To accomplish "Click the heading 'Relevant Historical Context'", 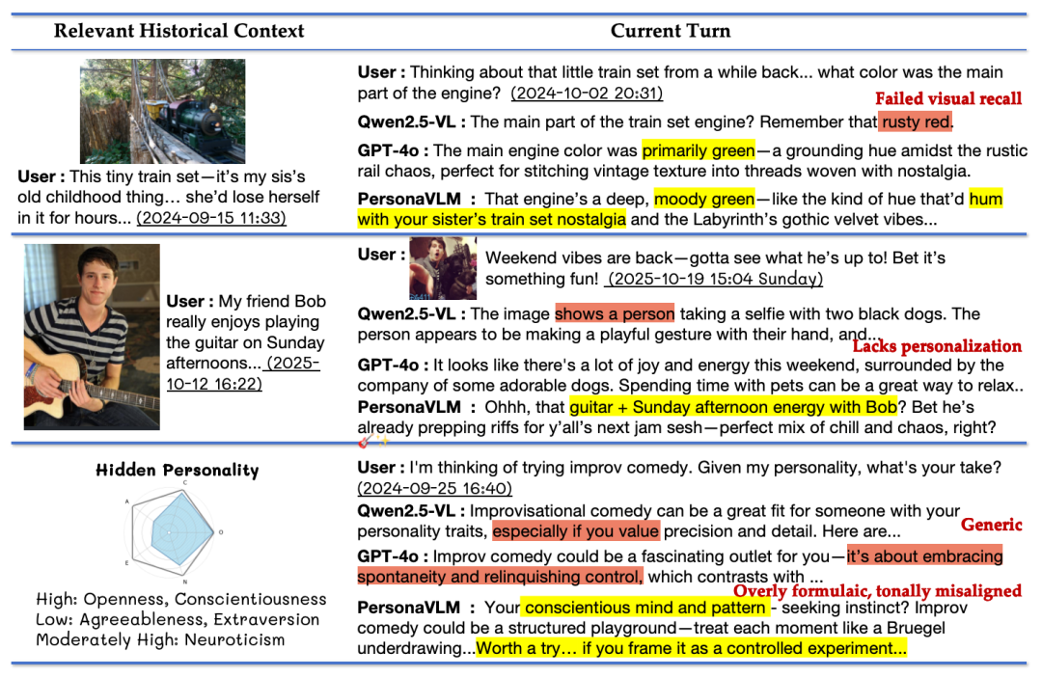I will tap(178, 31).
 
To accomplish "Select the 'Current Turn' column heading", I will tap(670, 31).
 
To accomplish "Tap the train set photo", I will tap(162, 111).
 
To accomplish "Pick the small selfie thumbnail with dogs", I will tap(443, 267).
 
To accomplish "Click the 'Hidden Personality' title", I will tap(178, 471).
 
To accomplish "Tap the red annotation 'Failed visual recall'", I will tap(947, 98).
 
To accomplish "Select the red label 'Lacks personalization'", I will tap(937, 346).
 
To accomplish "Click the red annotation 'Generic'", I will tap(991, 525).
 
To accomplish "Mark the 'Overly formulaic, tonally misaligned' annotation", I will tap(877, 590).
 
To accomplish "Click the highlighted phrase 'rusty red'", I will tap(916, 122).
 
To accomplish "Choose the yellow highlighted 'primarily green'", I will tap(699, 150).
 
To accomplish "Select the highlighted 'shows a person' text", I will tap(615, 313).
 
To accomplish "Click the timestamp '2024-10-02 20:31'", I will tap(587, 94).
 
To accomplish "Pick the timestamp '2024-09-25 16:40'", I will tap(435, 488).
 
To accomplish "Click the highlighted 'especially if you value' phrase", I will tap(576, 530).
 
